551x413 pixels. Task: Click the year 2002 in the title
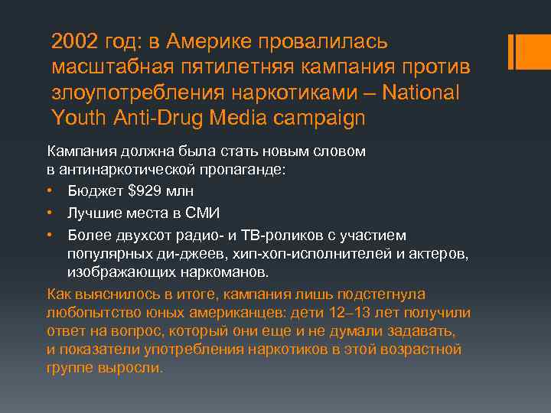pyautogui.click(x=75, y=41)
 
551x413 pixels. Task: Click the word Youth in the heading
pyautogui.click(x=77, y=119)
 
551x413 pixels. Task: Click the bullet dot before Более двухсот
pyautogui.click(x=51, y=234)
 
